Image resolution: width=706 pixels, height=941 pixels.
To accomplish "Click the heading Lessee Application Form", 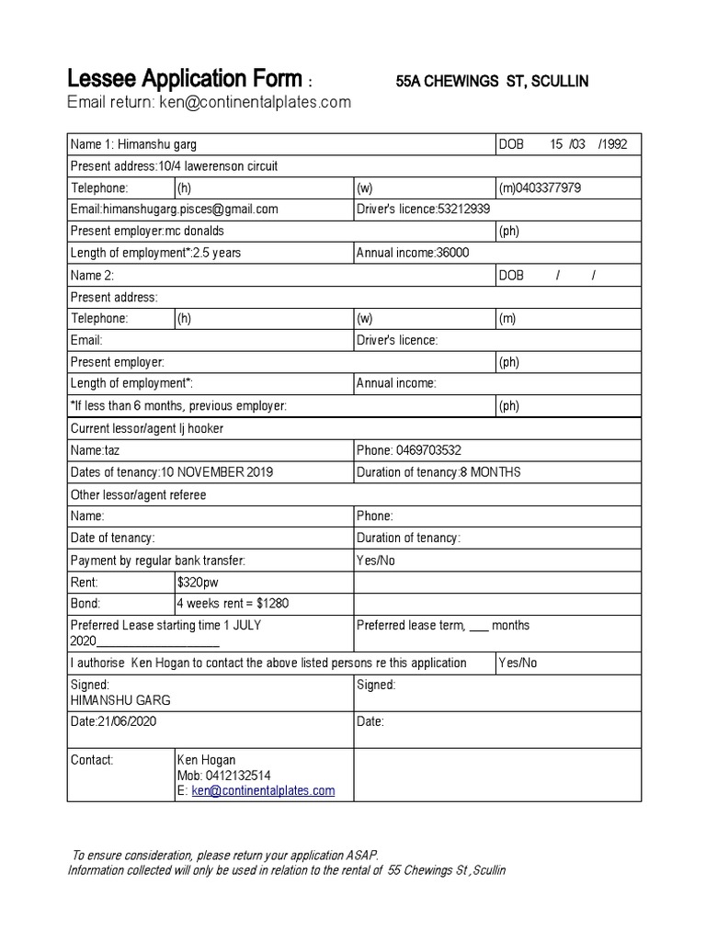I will tap(185, 80).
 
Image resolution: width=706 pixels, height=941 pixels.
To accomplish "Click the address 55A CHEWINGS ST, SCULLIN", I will tap(492, 82).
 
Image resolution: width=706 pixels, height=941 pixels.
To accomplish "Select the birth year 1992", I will tap(613, 145).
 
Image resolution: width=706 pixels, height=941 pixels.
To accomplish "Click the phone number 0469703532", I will tap(428, 450).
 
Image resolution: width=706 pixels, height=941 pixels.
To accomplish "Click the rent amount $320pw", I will tap(198, 583).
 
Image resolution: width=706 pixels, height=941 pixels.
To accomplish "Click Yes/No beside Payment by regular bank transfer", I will tap(376, 561).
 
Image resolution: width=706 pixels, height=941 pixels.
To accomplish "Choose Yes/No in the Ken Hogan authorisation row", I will tap(518, 663).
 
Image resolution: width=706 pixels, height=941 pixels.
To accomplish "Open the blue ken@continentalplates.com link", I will tap(263, 790).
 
